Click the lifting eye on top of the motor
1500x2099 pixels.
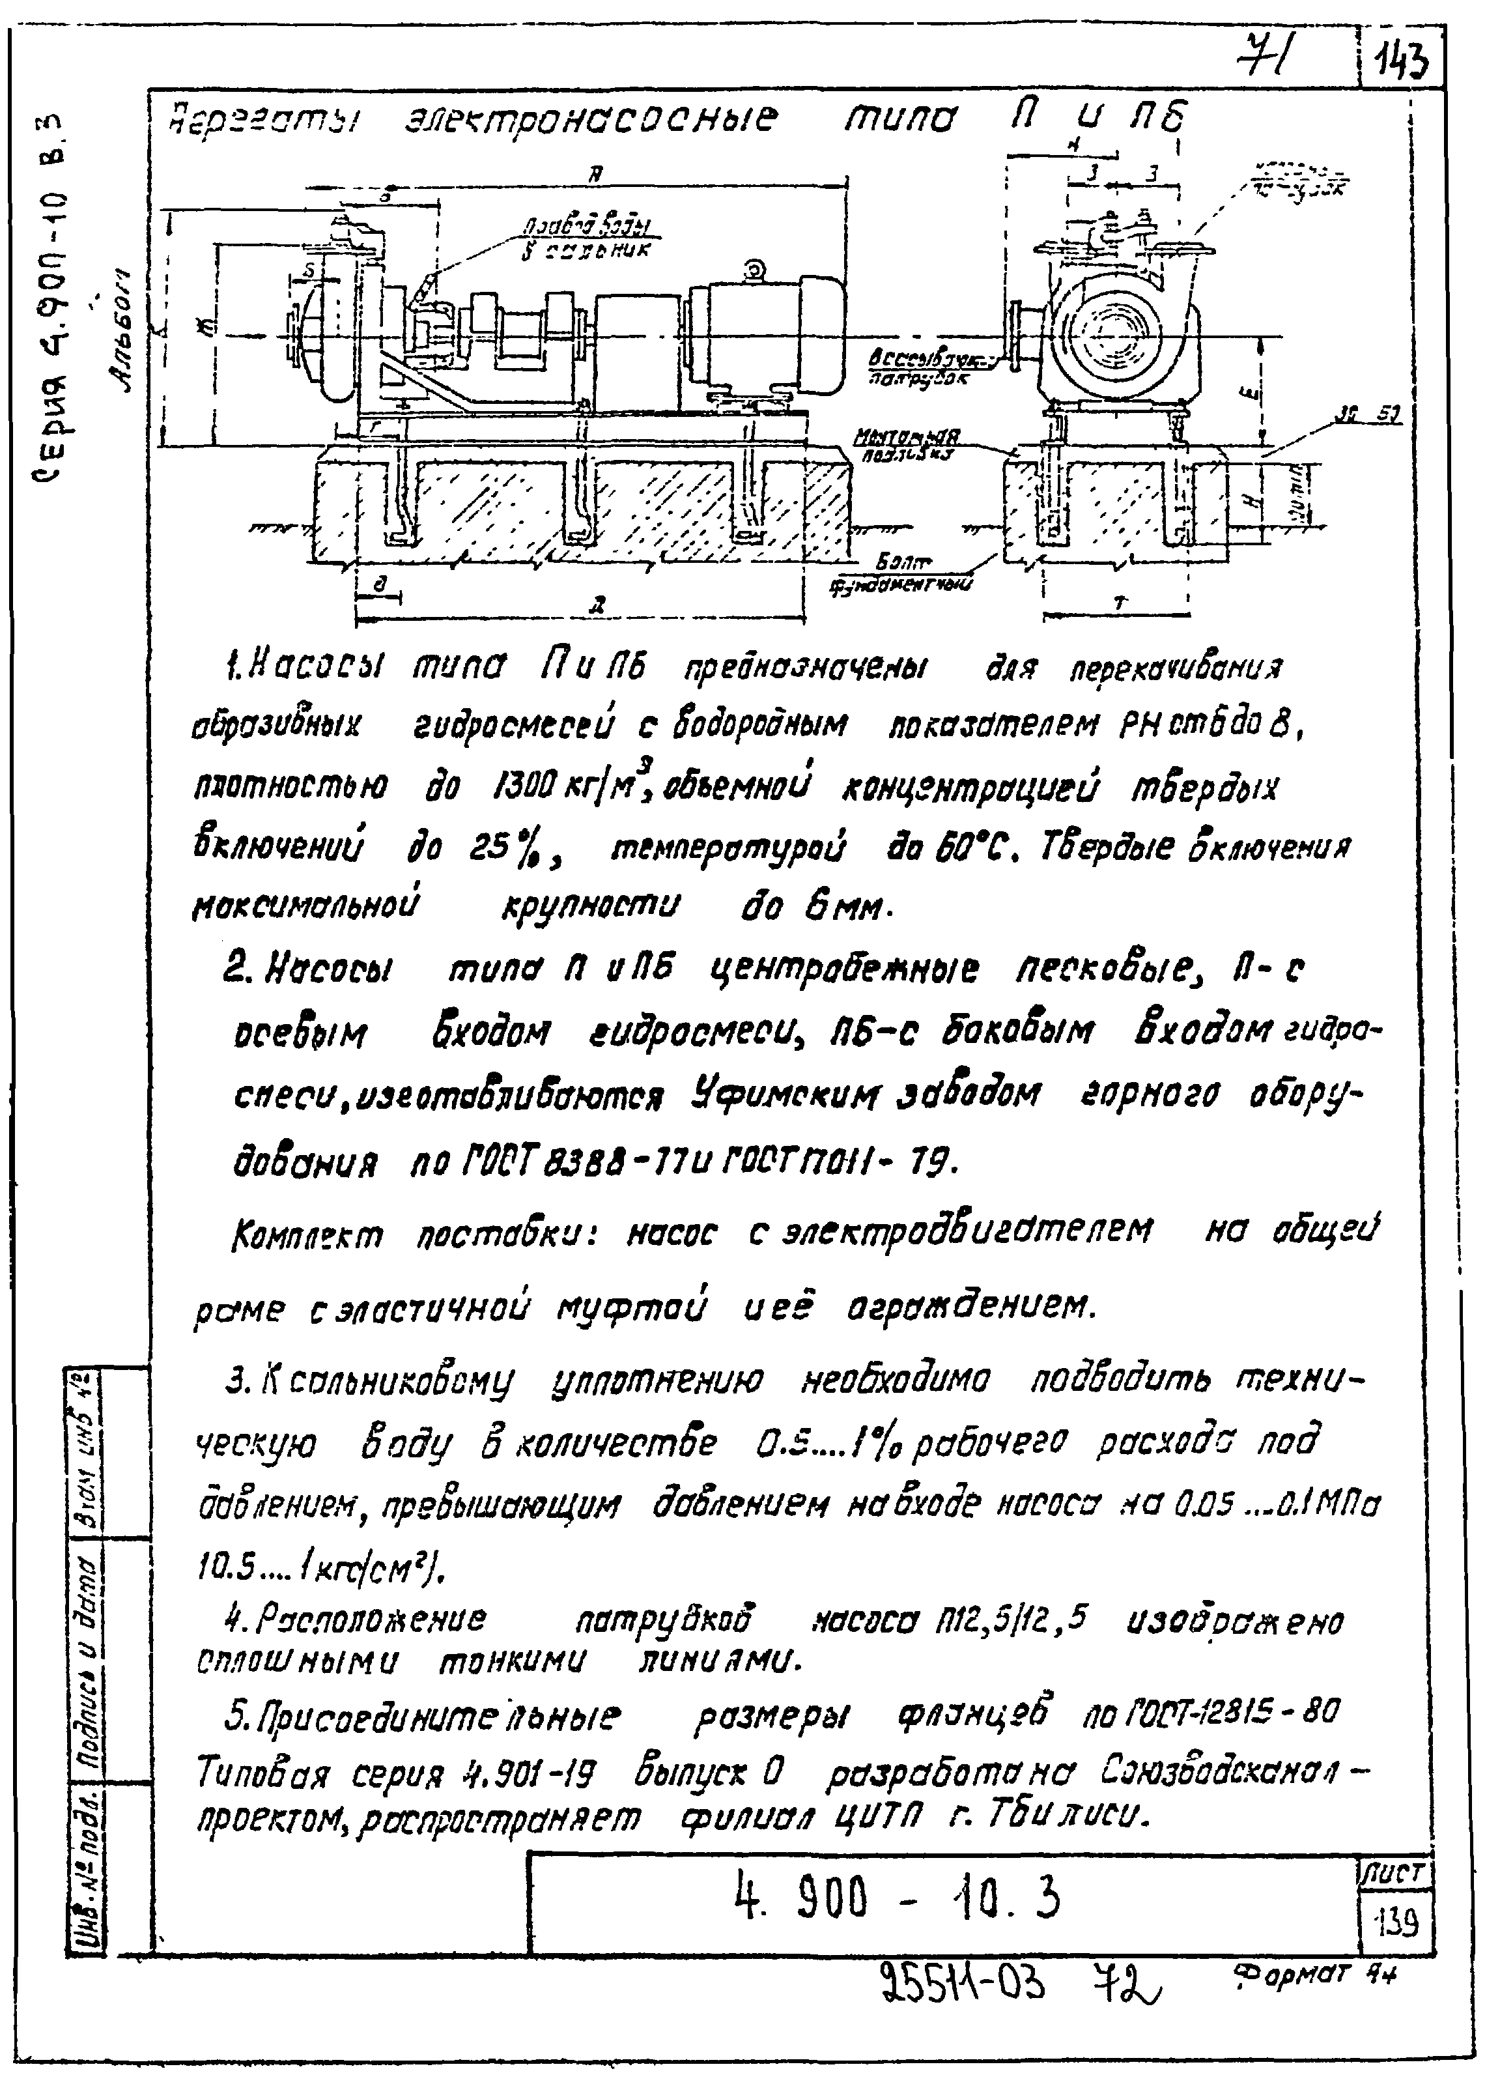click(x=755, y=268)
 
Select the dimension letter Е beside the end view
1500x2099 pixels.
click(x=1248, y=395)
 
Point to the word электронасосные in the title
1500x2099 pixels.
click(x=591, y=119)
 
